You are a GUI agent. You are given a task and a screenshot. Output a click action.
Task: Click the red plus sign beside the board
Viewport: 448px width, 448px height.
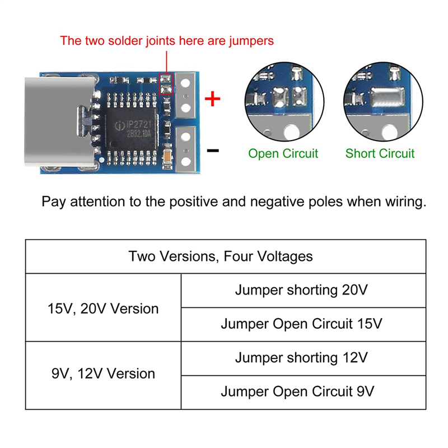coord(212,100)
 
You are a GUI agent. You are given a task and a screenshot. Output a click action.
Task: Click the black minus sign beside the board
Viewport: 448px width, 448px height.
coord(213,151)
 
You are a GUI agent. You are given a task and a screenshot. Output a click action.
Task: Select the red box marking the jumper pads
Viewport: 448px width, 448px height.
coord(166,85)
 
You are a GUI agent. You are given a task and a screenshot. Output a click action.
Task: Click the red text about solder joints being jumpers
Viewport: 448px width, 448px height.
coord(167,40)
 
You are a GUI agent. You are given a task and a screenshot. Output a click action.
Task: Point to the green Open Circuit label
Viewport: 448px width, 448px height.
coord(283,153)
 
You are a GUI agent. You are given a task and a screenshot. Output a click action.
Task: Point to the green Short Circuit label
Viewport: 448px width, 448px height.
coord(380,153)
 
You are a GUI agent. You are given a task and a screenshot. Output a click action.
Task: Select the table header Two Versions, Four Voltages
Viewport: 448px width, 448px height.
coord(221,256)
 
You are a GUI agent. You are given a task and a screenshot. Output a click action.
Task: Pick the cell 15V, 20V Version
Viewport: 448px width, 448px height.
coord(103,308)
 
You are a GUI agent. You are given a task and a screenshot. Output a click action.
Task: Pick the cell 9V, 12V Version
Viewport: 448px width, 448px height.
coord(103,374)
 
